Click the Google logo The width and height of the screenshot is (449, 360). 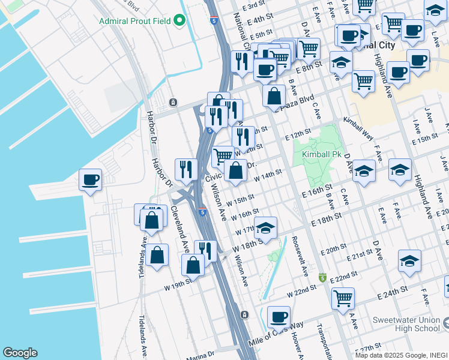20,353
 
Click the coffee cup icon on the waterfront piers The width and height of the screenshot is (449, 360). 90,180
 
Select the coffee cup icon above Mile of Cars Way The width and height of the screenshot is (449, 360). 278,317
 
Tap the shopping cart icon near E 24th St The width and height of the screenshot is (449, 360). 343,298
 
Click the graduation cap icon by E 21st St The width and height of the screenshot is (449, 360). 409,261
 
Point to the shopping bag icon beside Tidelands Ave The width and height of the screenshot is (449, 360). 157,256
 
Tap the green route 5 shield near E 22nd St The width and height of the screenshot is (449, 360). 322,278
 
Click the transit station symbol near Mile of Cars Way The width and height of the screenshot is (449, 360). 244,314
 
